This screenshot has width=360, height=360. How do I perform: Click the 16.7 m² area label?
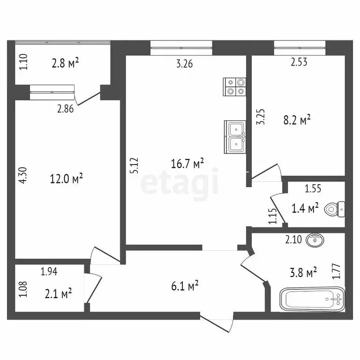click(x=187, y=164)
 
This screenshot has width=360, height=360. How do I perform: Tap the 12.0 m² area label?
click(x=67, y=178)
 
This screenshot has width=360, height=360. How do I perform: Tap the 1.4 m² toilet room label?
click(x=305, y=208)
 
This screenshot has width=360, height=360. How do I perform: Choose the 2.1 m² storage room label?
click(x=57, y=293)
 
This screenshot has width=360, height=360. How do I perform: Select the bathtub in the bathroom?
click(x=312, y=299)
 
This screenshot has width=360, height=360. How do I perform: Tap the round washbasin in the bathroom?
click(x=315, y=240)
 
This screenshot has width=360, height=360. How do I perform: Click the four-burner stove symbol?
click(x=235, y=86)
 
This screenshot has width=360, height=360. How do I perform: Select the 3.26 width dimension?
click(x=184, y=64)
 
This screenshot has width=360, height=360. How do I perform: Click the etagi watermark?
click(x=180, y=183)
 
